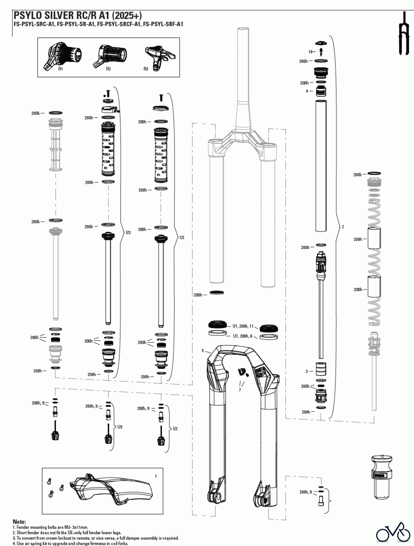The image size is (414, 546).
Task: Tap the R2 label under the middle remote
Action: pos(108,69)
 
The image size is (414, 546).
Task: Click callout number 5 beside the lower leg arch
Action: pos(203,351)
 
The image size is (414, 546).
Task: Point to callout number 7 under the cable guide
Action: pos(240,390)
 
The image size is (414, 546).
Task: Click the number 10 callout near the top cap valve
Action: pos(310,52)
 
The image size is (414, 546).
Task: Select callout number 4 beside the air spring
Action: pos(307,91)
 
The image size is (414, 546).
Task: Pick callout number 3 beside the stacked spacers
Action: pos(307,371)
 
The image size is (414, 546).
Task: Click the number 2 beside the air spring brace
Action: pos(343,227)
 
